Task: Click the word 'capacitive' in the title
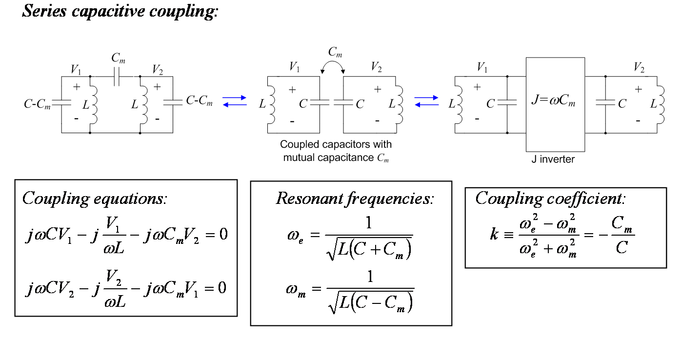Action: [108, 12]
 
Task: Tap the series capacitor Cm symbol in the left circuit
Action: [117, 77]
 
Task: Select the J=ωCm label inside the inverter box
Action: [553, 100]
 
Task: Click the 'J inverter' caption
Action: [553, 159]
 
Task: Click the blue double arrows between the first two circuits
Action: [234, 101]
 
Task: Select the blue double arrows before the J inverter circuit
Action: [426, 101]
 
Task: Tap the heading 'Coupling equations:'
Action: [95, 199]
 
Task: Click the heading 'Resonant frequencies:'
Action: [355, 199]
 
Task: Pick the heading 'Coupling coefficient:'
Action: [550, 199]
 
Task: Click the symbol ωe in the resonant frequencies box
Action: [295, 237]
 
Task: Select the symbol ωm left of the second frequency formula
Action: [296, 290]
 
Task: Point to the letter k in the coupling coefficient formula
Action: [494, 234]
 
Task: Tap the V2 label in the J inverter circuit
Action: [639, 67]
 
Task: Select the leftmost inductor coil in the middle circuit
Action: [272, 105]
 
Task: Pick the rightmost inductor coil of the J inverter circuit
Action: [661, 105]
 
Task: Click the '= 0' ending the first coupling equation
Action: [217, 235]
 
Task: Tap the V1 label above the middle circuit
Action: [294, 67]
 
